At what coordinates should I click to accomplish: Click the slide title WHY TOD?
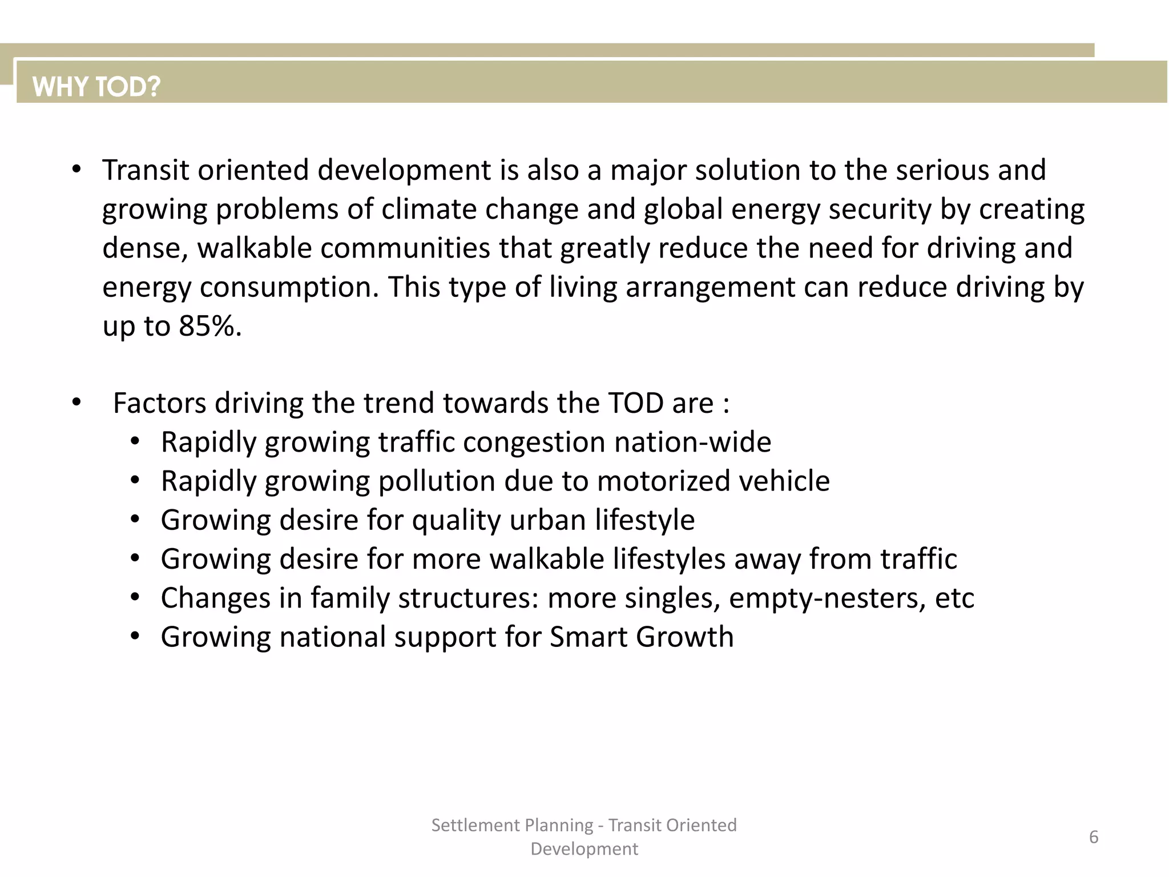click(x=96, y=87)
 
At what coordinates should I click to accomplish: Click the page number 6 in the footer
click(x=1094, y=837)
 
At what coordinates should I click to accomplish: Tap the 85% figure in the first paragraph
click(x=209, y=326)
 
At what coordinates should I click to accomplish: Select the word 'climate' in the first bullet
click(x=429, y=209)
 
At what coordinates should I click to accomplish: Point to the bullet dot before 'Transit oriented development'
click(x=76, y=170)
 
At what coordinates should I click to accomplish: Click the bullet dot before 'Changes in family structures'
click(x=135, y=598)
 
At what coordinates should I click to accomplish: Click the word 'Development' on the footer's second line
click(x=584, y=849)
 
